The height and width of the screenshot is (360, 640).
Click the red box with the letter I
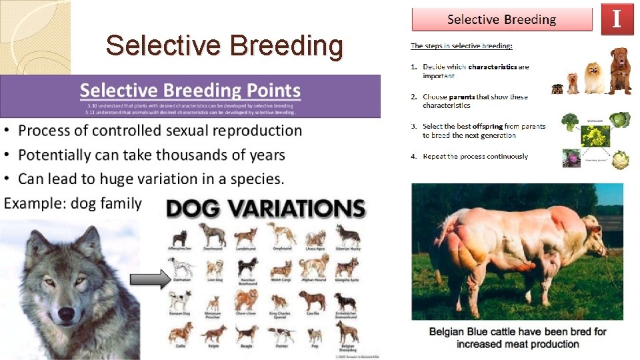point(617,18)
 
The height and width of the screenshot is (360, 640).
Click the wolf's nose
point(66,313)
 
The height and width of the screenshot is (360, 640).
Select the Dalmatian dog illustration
point(181,267)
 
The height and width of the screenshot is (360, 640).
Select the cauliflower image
point(621,160)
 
